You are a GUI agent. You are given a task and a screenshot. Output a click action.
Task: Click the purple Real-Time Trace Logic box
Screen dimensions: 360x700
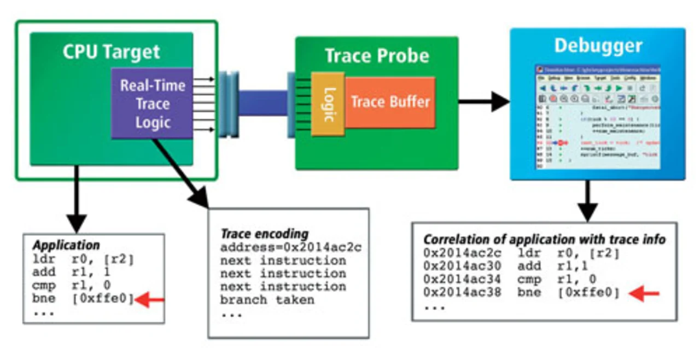(152, 103)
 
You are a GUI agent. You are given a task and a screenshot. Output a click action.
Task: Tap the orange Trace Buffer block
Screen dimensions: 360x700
(390, 102)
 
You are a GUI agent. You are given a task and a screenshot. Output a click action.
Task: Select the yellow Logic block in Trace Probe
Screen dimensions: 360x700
(328, 104)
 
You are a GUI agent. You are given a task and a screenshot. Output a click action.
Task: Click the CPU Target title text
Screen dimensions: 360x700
(111, 53)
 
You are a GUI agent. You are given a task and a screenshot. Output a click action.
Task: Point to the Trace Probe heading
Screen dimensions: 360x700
(377, 56)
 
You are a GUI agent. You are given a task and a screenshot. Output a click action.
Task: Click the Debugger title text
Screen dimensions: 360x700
(598, 45)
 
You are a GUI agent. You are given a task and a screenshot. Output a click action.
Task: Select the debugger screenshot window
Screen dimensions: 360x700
(598, 117)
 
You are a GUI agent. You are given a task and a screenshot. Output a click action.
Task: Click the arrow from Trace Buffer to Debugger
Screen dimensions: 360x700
(483, 101)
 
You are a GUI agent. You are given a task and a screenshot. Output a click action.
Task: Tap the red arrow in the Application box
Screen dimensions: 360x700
(149, 299)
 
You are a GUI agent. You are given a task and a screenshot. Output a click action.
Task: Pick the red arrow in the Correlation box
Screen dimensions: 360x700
(644, 294)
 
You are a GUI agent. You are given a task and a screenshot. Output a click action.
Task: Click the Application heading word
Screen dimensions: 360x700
(66, 245)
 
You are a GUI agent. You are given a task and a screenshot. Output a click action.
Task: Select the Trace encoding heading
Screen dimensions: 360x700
(264, 234)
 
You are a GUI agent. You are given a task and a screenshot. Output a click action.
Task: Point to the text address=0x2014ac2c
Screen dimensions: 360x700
(291, 247)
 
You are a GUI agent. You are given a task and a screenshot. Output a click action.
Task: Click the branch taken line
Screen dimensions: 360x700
(267, 300)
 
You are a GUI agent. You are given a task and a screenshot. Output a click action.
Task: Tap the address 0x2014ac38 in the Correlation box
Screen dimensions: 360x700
(462, 293)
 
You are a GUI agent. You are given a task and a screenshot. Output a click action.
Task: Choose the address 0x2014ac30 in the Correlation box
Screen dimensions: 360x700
(462, 266)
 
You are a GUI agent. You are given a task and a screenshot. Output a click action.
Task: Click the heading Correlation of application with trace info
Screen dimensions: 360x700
(544, 239)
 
